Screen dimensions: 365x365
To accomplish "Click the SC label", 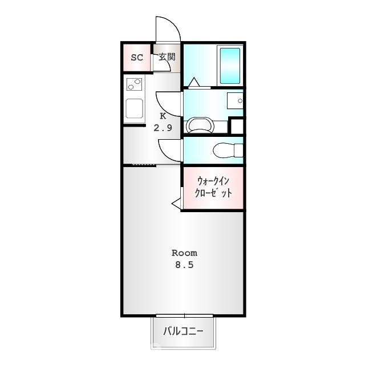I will point(137,58).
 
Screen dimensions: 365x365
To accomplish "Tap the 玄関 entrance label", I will point(167,57).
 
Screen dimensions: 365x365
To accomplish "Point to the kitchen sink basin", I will point(135,108).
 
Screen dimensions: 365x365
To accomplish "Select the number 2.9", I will point(163,128).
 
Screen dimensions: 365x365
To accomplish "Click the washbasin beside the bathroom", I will point(234,101).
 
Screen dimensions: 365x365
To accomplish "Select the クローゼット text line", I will point(212,193).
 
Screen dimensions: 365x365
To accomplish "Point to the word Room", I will point(184,253).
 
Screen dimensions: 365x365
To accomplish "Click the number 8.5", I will point(184,265).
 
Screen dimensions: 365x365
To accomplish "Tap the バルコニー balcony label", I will point(184,331).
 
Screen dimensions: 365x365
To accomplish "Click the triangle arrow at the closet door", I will point(176,202).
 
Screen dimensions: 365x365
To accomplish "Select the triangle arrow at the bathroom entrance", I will point(194,83).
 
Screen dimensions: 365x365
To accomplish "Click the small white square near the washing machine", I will point(237,126).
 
